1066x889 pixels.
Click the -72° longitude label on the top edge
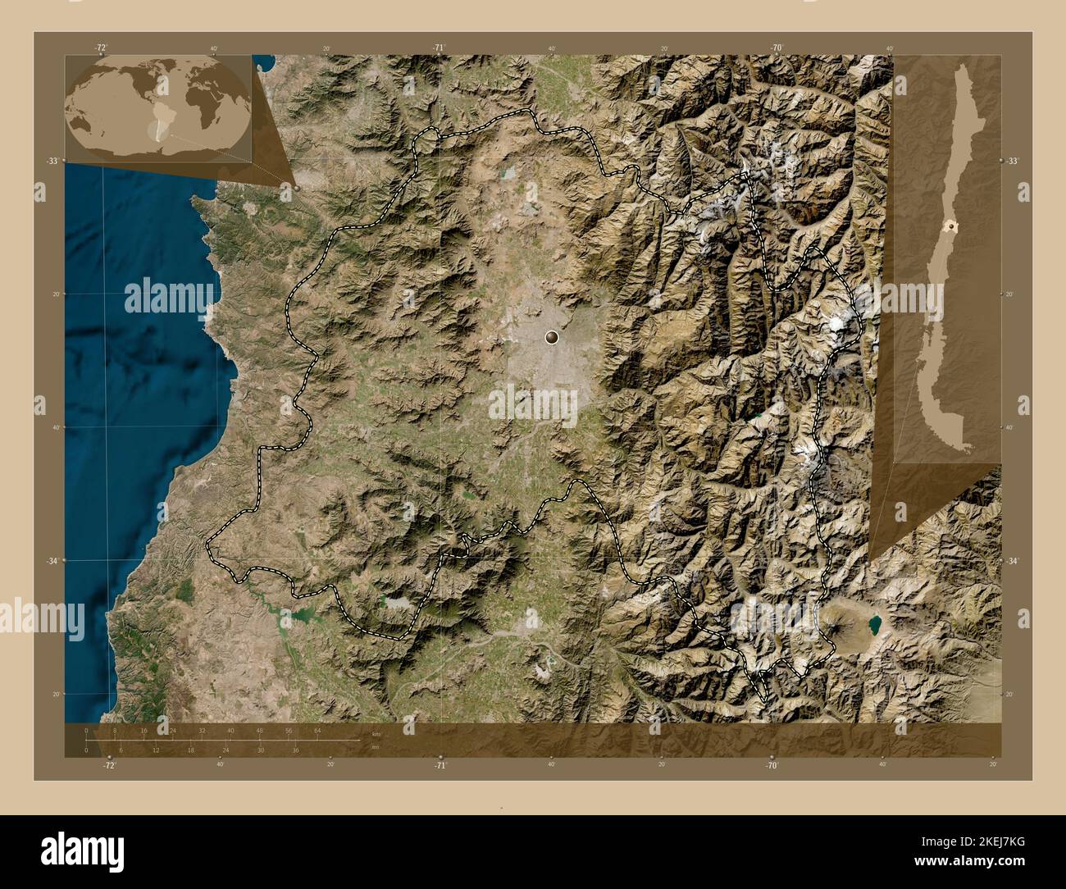(102, 48)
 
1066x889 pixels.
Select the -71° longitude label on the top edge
(440, 48)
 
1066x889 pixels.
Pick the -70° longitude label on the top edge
(777, 48)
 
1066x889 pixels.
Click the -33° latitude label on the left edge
(51, 162)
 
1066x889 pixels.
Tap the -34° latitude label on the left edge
(51, 561)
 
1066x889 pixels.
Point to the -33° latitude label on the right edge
(1014, 162)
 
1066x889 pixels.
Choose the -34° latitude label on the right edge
(1014, 561)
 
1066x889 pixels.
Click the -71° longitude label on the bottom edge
(440, 765)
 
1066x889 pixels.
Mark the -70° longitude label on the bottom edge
(772, 765)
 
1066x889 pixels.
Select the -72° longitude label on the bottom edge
(109, 765)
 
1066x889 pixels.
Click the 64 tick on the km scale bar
(317, 730)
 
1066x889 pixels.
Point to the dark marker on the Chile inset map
(952, 225)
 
